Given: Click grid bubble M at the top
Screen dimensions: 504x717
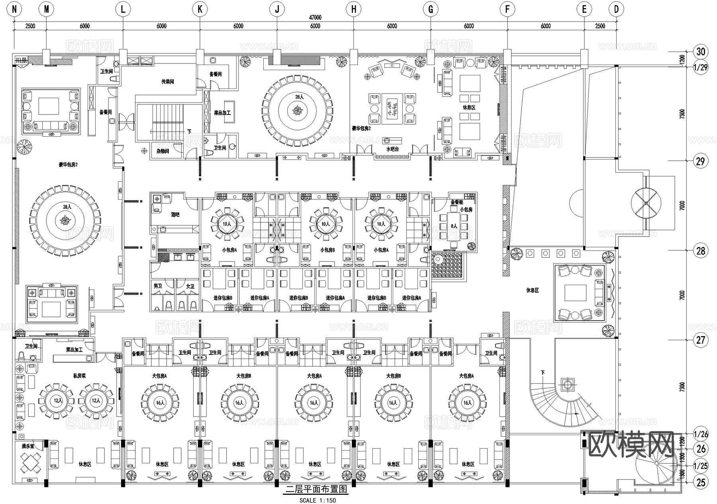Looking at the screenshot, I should (47, 9).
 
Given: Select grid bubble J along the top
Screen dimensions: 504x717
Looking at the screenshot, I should (277, 9).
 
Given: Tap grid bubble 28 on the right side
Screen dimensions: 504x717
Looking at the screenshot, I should (701, 251).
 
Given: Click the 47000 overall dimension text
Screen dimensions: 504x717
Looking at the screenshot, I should (315, 18).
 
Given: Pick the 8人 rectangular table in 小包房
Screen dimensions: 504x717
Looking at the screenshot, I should (454, 226).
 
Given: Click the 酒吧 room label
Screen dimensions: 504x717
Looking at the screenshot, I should (175, 215).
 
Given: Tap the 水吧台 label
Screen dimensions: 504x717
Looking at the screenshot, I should (392, 149).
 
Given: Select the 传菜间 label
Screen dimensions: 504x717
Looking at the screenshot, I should (168, 82).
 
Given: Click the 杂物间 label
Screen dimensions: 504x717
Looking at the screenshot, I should (163, 152).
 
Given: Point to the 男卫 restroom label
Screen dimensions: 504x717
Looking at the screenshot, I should (158, 286).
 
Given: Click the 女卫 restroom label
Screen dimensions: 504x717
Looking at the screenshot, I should (190, 286).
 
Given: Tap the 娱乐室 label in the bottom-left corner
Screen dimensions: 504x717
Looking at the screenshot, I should (28, 446).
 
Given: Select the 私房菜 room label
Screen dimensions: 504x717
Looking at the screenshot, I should (80, 375).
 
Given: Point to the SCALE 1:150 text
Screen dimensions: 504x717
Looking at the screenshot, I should (317, 500).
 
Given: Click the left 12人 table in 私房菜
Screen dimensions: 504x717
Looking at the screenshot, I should (56, 401).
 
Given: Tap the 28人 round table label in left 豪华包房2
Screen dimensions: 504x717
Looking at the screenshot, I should (67, 207).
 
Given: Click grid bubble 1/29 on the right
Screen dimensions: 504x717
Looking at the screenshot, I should (701, 67).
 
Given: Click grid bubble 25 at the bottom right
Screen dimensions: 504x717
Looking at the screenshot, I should (701, 482).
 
